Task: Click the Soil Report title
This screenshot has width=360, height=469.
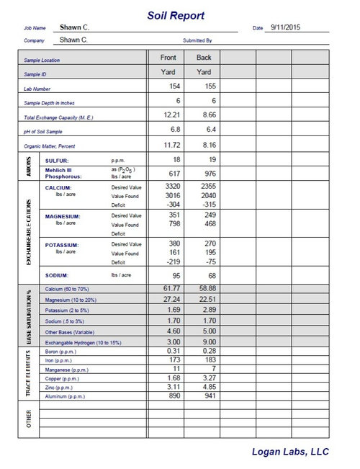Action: pos(176,15)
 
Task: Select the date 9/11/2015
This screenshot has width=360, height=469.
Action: pos(282,27)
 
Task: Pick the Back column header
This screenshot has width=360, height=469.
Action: pos(203,56)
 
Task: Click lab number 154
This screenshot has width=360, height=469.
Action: pos(173,86)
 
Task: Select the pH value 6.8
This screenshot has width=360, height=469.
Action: pos(173,130)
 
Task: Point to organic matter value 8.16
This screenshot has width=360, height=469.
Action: pos(207,145)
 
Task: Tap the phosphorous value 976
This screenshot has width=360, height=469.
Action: pos(208,173)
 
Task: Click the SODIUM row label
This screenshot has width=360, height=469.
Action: pos(58,275)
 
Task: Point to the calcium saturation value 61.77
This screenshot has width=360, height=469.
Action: pos(169,288)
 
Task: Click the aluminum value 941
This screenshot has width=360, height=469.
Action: pos(208,396)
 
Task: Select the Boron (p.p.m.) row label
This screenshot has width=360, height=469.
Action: pos(61,352)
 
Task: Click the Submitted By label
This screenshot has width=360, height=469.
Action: pos(197,41)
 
